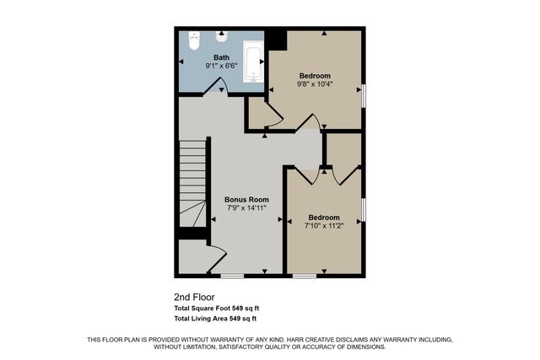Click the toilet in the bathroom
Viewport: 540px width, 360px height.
point(192,39)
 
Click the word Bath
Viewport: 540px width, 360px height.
point(221,57)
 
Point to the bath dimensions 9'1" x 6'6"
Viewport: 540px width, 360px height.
point(221,66)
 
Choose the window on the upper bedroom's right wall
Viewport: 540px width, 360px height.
point(364,94)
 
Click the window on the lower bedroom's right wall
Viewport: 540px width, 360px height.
point(364,211)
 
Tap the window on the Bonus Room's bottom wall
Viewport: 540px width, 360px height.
point(231,275)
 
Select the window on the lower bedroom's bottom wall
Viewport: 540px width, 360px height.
point(305,275)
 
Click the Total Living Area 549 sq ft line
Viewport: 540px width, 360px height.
point(214,319)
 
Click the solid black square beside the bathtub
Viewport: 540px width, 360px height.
point(276,39)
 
